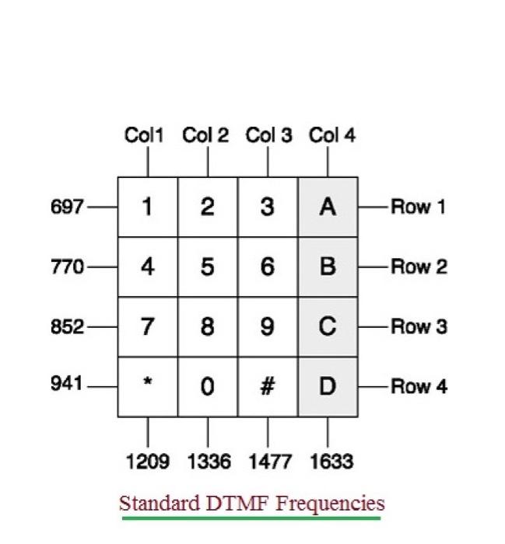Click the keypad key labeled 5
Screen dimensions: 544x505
(207, 267)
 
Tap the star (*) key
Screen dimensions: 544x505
(147, 386)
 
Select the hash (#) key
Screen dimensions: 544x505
(267, 386)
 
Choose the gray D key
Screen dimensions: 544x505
(328, 386)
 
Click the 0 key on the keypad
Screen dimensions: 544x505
(207, 386)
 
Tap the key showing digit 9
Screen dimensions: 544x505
(267, 326)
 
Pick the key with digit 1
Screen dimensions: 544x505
(147, 207)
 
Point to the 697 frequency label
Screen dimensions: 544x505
(66, 207)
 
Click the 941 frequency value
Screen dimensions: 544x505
(66, 383)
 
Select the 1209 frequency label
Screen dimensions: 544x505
(148, 462)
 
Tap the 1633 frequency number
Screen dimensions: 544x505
(331, 462)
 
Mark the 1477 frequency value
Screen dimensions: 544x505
(270, 462)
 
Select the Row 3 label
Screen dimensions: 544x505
(419, 326)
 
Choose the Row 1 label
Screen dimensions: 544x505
(419, 207)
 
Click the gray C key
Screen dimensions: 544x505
(328, 326)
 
